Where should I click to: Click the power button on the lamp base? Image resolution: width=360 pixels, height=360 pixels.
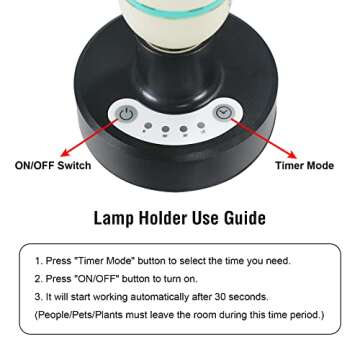click(x=124, y=113)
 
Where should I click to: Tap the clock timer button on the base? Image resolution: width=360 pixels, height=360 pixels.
click(x=225, y=113)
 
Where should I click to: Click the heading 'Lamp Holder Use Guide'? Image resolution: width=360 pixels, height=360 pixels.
click(x=180, y=217)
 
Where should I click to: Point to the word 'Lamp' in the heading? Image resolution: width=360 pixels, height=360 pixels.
click(x=115, y=217)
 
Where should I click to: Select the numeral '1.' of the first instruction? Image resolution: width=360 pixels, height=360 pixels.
click(x=38, y=260)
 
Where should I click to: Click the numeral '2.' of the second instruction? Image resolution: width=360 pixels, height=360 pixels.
click(x=38, y=278)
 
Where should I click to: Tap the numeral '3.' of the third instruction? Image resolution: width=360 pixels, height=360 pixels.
click(x=38, y=296)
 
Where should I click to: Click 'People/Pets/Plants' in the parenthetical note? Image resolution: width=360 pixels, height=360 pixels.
click(x=85, y=314)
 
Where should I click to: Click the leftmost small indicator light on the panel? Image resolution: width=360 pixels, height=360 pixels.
click(x=148, y=127)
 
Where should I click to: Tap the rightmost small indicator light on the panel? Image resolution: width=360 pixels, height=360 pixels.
click(x=201, y=127)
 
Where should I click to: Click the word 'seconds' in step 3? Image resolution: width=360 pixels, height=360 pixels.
click(x=264, y=296)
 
